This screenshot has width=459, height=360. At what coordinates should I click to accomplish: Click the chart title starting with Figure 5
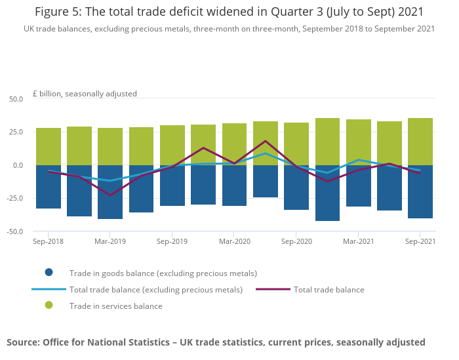pyautogui.click(x=229, y=12)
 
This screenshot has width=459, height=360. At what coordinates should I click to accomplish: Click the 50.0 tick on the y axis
pyautogui.click(x=16, y=99)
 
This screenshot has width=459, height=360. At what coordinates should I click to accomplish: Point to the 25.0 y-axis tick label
pyautogui.click(x=16, y=132)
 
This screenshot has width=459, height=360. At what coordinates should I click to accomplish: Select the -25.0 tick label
pyautogui.click(x=14, y=198)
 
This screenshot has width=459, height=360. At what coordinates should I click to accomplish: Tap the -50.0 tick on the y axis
pyautogui.click(x=14, y=231)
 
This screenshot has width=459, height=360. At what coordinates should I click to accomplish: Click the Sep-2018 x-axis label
pyautogui.click(x=49, y=241)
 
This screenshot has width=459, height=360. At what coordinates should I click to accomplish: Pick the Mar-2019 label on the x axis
pyautogui.click(x=110, y=241)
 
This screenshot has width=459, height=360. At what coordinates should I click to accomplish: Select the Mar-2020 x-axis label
pyautogui.click(x=234, y=241)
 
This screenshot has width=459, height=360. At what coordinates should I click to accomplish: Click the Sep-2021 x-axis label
pyautogui.click(x=420, y=241)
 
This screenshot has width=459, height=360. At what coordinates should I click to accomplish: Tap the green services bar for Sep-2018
pyautogui.click(x=49, y=146)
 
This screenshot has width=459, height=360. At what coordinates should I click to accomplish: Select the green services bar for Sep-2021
pyautogui.click(x=420, y=141)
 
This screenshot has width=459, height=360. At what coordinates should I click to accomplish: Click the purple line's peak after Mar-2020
pyautogui.click(x=266, y=141)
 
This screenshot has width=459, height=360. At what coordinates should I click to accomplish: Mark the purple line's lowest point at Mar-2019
pyautogui.click(x=110, y=195)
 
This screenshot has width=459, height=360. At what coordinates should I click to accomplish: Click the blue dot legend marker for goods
pyautogui.click(x=49, y=273)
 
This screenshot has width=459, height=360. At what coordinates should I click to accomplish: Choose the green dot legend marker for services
pyautogui.click(x=49, y=306)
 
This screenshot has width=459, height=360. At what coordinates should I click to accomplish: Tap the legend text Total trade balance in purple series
pyautogui.click(x=329, y=289)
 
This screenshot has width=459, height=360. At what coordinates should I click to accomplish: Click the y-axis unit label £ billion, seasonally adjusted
pyautogui.click(x=85, y=94)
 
